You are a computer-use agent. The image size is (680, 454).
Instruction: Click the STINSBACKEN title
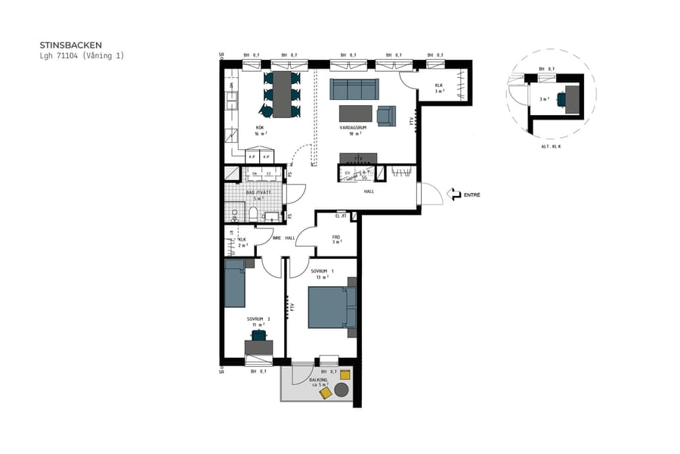tap(70, 45)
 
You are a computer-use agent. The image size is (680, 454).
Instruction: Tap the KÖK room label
tap(260, 128)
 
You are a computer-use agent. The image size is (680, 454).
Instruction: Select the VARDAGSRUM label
tap(352, 128)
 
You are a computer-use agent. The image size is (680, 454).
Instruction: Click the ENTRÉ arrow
tap(455, 195)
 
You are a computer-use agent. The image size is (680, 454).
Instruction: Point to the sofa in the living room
tap(354, 89)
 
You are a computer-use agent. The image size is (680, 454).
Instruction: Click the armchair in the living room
tap(386, 115)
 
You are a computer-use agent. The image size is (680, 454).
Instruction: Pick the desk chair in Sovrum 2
tap(259, 334)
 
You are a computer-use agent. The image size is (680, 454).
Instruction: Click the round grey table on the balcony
tap(342, 390)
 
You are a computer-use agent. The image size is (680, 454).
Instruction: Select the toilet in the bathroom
tap(253, 213)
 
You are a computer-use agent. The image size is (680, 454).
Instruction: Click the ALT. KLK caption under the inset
tap(552, 146)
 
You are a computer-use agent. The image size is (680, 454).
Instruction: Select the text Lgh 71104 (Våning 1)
tap(81, 56)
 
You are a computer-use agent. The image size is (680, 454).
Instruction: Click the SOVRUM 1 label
tap(322, 271)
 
